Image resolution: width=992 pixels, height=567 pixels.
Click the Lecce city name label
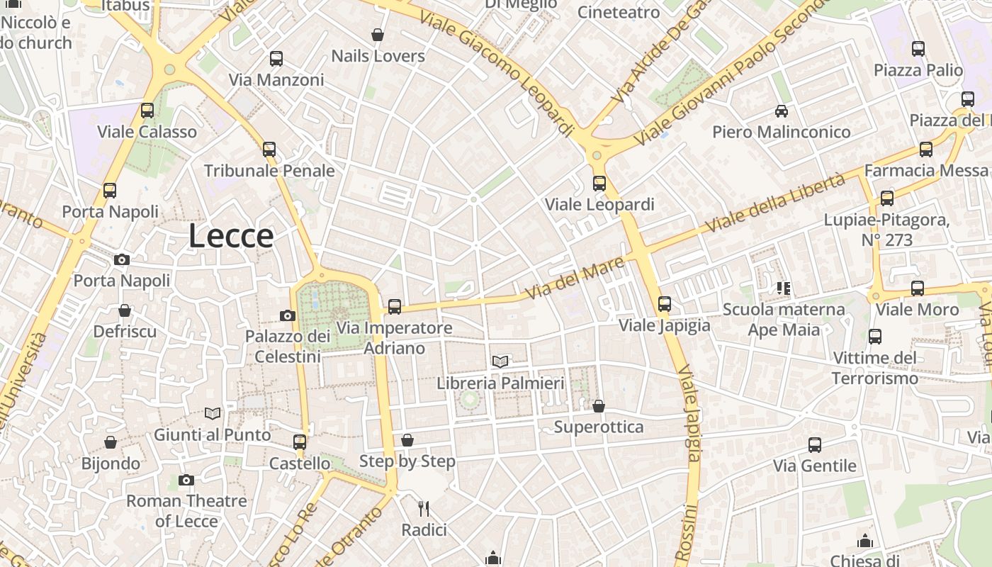pos(231,236)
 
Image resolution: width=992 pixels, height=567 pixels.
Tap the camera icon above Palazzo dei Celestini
pos(288,315)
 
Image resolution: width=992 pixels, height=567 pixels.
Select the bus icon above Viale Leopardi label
pos(599,184)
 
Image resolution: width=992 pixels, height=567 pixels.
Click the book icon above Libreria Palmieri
pos(500,361)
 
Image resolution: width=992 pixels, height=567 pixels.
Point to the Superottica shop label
pos(599,427)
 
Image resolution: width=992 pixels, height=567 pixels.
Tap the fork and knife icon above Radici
pos(424,508)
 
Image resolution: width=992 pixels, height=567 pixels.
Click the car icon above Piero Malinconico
pos(782,111)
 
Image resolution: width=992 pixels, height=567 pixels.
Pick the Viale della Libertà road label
pos(776,202)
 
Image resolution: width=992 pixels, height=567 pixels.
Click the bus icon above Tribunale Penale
pos(269,150)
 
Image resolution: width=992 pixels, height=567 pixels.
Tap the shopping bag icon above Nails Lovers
pos(378,35)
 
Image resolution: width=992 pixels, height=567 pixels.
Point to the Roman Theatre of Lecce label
pos(186,511)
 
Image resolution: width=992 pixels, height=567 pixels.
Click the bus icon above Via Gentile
pos(815,445)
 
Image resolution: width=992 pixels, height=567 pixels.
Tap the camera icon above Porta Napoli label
pos(122,259)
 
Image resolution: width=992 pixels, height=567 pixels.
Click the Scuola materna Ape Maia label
pos(784,320)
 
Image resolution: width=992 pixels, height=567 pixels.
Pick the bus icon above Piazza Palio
pos(918,49)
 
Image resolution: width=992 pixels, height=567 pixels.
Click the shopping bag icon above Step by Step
pos(407,440)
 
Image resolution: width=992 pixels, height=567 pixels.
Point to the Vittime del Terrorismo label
pos(875,368)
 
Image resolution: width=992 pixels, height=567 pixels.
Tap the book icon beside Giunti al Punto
pos(212,413)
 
